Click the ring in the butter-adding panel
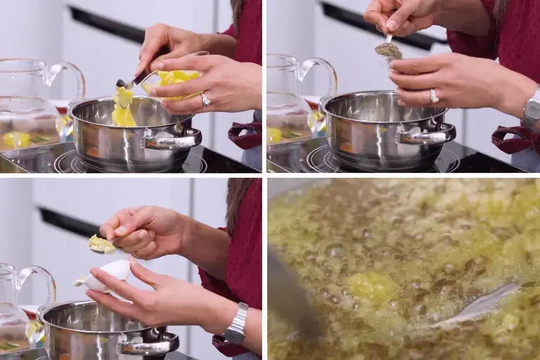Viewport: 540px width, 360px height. [x=205, y=99]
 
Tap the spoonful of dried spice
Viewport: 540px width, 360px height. [x=388, y=50]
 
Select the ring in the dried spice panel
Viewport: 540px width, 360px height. [x=434, y=96]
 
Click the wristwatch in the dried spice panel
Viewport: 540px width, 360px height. [x=532, y=112]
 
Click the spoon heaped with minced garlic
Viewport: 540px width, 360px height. [x=101, y=244]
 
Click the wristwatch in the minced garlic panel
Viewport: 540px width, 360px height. [x=237, y=324]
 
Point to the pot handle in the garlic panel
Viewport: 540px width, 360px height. [x=148, y=345]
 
